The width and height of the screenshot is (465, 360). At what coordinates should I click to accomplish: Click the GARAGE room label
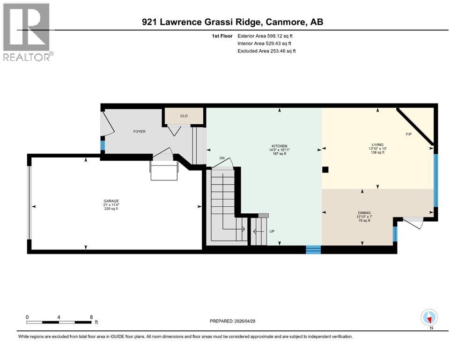click(111, 200)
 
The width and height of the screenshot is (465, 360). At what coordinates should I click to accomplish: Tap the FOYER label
click(139, 131)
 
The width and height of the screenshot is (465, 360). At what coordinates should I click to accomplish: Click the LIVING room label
click(377, 144)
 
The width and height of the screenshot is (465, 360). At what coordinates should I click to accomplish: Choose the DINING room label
click(364, 212)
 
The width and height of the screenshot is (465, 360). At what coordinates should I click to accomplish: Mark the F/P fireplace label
click(408, 134)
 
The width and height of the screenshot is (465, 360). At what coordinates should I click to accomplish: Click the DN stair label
click(222, 158)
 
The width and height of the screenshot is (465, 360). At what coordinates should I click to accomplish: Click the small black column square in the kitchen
click(325, 170)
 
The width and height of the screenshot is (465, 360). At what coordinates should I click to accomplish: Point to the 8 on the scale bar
click(90, 317)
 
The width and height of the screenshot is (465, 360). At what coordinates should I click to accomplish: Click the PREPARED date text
click(232, 321)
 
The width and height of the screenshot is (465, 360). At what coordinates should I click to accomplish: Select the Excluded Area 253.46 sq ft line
click(266, 51)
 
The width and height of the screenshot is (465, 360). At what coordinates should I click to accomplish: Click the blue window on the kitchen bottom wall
click(313, 249)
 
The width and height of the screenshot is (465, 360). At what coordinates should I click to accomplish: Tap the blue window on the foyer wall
click(103, 145)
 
